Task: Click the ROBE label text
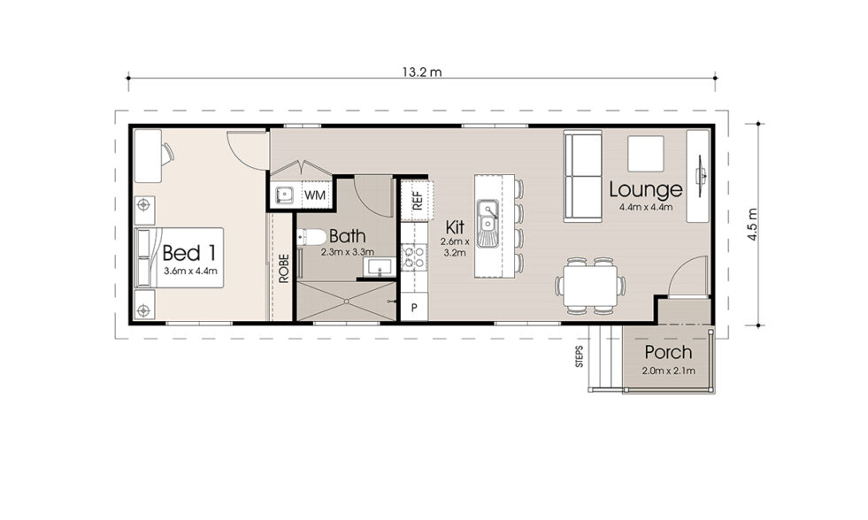(283, 267)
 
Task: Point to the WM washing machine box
(314, 194)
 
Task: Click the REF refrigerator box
(418, 199)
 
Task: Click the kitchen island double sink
(486, 224)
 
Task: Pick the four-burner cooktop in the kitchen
(413, 257)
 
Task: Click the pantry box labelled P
(413, 308)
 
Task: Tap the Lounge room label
(645, 189)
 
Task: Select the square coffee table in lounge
(647, 153)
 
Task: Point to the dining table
(590, 286)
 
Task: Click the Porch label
(668, 352)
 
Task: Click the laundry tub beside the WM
(284, 194)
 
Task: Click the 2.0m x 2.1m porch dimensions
(668, 371)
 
